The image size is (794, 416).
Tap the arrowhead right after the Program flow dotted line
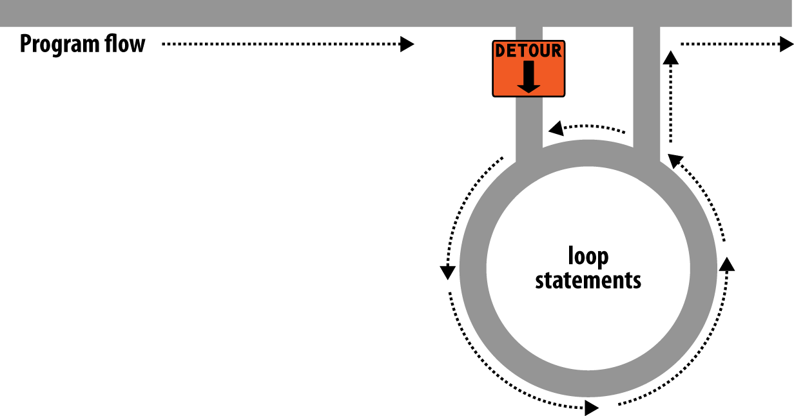click(x=407, y=44)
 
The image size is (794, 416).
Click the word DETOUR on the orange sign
click(x=528, y=51)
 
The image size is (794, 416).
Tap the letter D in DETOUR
click(x=499, y=51)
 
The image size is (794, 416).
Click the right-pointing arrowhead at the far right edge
click(x=786, y=44)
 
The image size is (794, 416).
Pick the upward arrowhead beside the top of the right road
click(x=671, y=58)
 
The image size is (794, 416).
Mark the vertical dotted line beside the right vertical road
click(x=671, y=103)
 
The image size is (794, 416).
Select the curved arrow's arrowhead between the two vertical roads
click(x=553, y=129)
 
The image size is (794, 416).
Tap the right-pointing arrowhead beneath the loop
click(x=590, y=408)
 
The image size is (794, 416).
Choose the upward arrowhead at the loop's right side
click(x=728, y=263)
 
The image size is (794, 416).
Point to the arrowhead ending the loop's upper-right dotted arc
click(x=674, y=159)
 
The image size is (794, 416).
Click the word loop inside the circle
click(x=588, y=257)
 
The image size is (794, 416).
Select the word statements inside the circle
click(x=588, y=281)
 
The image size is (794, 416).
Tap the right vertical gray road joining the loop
click(x=646, y=90)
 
